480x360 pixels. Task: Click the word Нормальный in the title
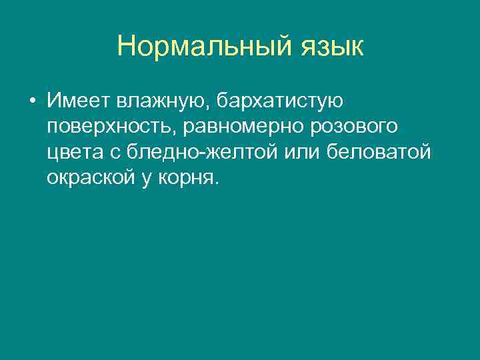point(200,47)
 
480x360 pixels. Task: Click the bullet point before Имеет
point(32,101)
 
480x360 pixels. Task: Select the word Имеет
point(79,101)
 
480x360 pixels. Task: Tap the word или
point(305,153)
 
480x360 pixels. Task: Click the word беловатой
point(379,152)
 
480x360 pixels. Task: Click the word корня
point(188,179)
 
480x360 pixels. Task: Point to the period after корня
point(215,183)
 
